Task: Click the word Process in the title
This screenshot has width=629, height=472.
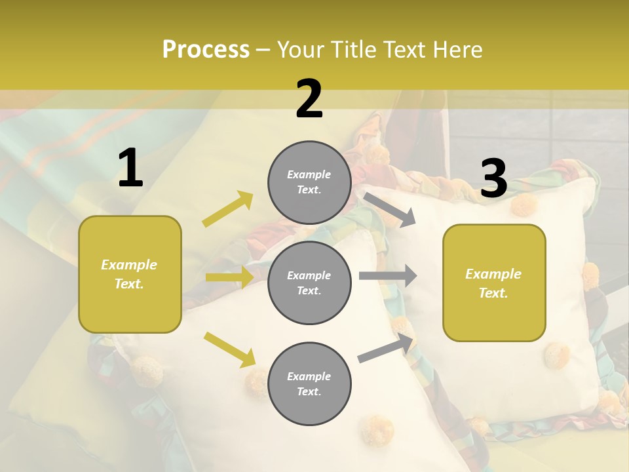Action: point(206,50)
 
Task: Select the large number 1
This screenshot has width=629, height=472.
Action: point(130,168)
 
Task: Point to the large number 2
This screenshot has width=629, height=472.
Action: point(309,100)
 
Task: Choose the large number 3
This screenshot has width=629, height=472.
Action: point(493,179)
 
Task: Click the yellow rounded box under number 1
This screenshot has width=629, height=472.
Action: point(130,274)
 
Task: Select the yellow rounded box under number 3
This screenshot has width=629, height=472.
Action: point(494,283)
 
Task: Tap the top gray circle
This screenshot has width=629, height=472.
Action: point(309,182)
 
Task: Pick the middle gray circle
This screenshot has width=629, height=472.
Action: point(309,283)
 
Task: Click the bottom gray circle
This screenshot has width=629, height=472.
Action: point(309,383)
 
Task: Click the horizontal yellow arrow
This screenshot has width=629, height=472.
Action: point(229,277)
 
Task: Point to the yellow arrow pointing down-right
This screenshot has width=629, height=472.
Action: point(230,349)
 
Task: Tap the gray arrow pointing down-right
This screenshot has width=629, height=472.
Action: point(390,209)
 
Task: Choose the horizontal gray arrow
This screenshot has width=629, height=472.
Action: point(387,276)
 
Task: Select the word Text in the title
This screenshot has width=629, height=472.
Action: point(405,50)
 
